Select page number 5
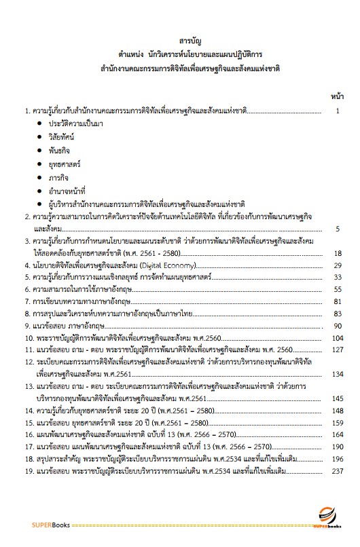click(338, 229)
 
